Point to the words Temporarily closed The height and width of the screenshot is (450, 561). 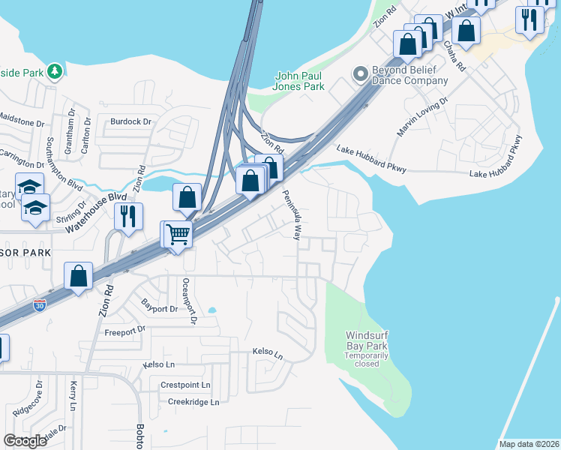(367, 359)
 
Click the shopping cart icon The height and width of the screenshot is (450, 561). (178, 235)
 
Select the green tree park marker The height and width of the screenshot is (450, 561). (55, 71)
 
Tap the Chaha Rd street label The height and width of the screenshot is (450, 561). (454, 57)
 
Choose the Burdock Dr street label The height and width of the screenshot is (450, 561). (130, 121)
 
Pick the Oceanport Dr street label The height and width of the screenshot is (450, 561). (188, 300)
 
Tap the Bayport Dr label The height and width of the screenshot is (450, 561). (159, 305)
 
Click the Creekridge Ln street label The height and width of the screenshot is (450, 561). (193, 402)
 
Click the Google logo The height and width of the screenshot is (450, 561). (25, 441)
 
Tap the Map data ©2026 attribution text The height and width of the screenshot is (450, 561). (529, 444)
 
